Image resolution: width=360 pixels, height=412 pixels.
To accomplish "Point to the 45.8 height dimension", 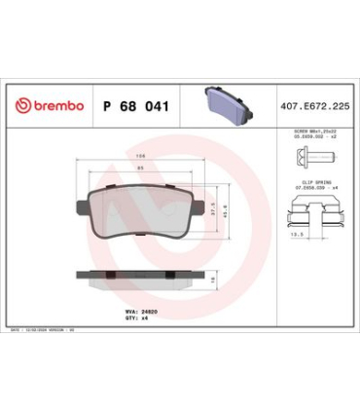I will [x=226, y=208].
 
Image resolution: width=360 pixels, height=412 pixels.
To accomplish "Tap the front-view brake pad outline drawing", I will [x=142, y=212].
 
